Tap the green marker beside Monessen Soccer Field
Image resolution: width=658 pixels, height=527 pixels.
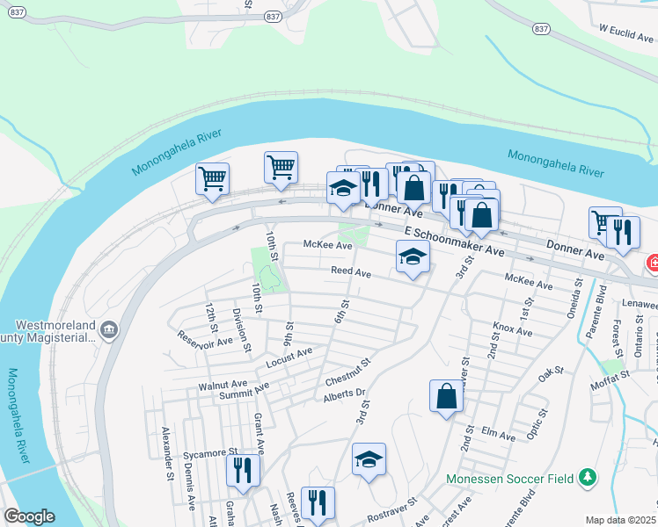click(587, 479)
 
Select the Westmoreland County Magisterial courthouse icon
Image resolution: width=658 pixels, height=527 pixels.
click(107, 330)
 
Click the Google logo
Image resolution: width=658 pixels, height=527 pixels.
click(28, 516)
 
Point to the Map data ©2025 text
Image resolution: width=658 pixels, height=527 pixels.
click(621, 520)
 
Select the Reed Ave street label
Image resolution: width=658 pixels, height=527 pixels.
click(351, 273)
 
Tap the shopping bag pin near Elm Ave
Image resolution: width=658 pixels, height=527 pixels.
click(447, 396)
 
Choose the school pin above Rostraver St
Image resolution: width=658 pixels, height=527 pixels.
click(369, 459)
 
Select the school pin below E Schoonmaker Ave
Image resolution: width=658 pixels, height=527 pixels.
click(412, 259)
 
